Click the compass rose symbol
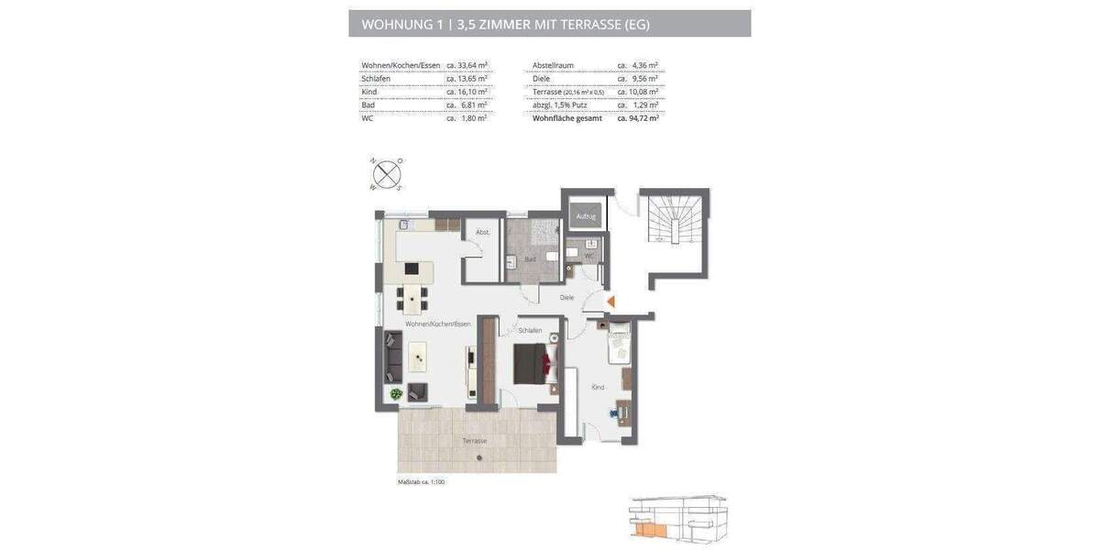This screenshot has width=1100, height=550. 387,173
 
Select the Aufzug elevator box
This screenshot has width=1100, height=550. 586,216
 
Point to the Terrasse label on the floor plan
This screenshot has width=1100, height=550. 474,441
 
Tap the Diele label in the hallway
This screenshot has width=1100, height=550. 566,298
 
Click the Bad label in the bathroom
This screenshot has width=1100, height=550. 530,259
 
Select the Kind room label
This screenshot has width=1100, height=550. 598,388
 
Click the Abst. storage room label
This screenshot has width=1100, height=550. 482,233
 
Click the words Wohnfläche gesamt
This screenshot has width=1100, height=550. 566,118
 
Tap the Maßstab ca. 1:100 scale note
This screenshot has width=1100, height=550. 421,481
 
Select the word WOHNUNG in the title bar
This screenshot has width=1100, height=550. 397,24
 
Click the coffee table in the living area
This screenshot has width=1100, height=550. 418,356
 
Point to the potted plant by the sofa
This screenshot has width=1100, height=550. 396,393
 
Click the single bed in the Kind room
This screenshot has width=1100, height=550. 620,346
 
